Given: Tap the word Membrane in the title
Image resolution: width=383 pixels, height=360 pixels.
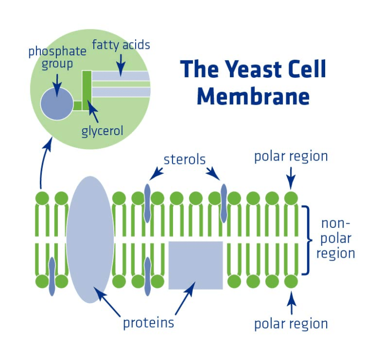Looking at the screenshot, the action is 253,96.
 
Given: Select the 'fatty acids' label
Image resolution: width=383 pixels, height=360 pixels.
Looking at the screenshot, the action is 121,45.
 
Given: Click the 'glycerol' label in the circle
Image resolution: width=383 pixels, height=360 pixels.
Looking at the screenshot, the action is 102,131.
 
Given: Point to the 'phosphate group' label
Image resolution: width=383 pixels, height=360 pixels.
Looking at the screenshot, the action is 57,57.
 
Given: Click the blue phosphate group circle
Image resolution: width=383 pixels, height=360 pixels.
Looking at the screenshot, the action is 57,104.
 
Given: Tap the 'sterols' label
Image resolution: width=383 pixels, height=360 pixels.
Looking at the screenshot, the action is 185,160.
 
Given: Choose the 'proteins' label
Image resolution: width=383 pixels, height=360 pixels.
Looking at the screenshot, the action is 149,323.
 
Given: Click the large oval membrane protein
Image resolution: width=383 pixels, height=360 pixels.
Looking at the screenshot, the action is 90,239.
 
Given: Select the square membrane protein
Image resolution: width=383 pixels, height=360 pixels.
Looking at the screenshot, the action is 195,265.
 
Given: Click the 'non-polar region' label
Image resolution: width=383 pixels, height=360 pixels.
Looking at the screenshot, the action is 336,239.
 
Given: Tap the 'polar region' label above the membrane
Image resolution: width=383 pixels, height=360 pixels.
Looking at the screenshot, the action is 291,157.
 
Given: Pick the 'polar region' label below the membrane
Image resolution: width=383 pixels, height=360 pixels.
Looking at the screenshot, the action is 291,324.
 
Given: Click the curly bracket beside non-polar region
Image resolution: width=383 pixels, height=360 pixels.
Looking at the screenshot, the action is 308,240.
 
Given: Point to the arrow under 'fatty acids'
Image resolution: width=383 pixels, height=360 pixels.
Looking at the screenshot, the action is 121,65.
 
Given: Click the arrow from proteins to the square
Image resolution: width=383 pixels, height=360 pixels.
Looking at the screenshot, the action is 186,298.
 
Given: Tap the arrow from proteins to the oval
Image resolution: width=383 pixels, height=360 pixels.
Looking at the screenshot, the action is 107,301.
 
